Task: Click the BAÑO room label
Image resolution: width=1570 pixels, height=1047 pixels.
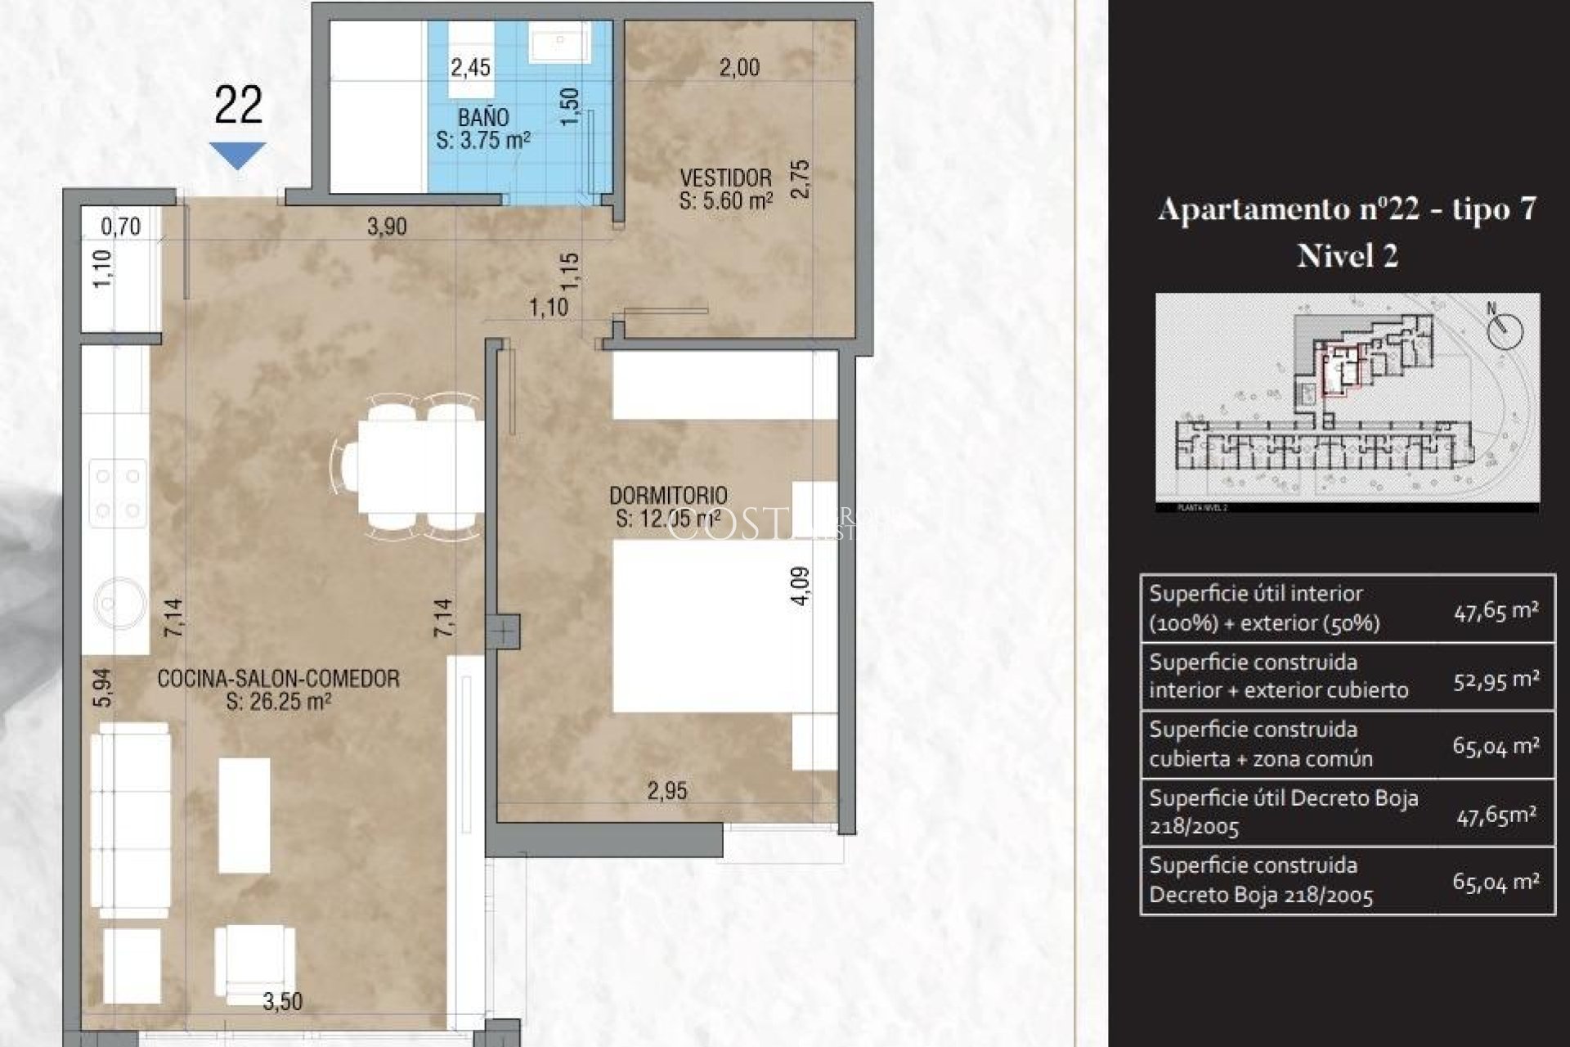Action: (x=484, y=118)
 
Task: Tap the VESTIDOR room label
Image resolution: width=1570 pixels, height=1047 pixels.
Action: (x=725, y=177)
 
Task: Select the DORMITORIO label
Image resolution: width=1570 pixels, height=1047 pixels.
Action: (x=668, y=496)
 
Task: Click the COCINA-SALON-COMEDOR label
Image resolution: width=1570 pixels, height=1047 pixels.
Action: (x=278, y=679)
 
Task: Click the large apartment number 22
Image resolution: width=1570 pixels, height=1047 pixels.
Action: (x=238, y=106)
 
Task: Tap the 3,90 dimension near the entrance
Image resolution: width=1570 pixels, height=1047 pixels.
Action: (x=387, y=227)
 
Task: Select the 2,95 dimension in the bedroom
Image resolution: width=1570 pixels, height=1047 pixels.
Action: (x=667, y=791)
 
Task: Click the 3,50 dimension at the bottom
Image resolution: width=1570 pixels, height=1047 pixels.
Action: (x=283, y=1001)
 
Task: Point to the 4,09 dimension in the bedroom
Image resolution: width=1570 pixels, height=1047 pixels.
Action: (x=801, y=586)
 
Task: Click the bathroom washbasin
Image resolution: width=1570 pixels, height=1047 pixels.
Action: (x=560, y=41)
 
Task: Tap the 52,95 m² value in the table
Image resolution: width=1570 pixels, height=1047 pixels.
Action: (x=1496, y=679)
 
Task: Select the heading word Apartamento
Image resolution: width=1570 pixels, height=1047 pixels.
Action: (x=1254, y=209)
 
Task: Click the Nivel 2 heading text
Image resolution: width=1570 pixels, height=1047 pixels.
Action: (x=1347, y=256)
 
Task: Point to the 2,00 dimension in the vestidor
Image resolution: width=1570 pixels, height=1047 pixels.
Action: (x=739, y=68)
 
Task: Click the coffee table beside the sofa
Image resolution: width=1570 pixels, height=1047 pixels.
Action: (x=244, y=816)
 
